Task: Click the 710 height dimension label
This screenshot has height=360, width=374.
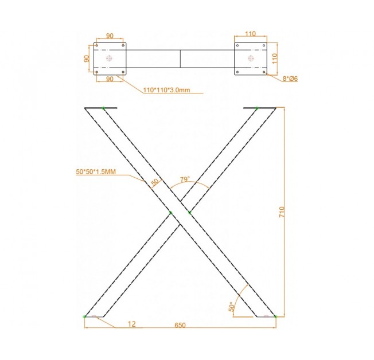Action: [x=282, y=212]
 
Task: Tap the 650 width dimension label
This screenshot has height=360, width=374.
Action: [x=180, y=325]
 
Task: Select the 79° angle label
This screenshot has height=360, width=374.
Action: [x=185, y=179]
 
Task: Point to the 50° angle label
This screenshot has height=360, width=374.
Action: [x=231, y=307]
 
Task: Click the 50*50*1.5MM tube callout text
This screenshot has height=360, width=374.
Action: [x=96, y=171]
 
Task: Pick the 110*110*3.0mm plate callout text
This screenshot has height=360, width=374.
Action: [x=166, y=90]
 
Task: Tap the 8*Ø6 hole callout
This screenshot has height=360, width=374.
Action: [x=290, y=79]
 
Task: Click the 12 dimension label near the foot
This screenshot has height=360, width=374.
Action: [x=132, y=324]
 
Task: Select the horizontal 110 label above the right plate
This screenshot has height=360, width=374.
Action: [x=250, y=34]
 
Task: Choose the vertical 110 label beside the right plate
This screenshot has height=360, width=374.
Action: [x=275, y=58]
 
